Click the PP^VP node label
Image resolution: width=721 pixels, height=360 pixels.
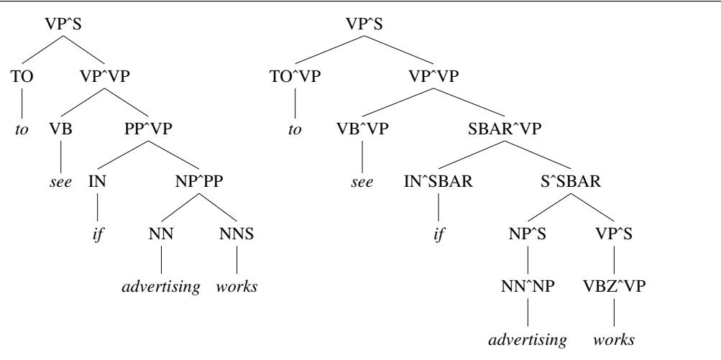pos(148,129)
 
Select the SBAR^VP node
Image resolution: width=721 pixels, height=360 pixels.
pos(505,129)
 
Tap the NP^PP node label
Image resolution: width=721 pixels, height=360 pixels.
pos(198,182)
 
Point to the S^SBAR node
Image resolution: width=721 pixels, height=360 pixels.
pos(571,182)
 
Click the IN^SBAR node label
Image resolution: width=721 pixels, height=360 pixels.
pos(438,182)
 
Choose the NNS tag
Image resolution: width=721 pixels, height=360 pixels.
pos(236,234)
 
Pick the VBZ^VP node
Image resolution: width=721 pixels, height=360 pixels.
pos(615,287)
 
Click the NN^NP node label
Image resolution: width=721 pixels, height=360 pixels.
pos(528,287)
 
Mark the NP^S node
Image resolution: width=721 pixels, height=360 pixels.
pos(528,234)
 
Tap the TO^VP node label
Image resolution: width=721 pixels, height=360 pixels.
pos(294,76)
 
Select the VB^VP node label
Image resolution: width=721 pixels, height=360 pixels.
pos(362,129)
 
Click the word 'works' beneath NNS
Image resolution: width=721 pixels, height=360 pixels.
pos(236,287)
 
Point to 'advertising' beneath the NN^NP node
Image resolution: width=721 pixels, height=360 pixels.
pos(528,340)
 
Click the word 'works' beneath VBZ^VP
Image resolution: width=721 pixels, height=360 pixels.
pos(615,340)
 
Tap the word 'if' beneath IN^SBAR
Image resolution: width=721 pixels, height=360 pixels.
pos(438,234)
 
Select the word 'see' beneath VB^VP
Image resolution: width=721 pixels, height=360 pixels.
pos(362,182)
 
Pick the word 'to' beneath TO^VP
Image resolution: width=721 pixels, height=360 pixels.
pos(295,129)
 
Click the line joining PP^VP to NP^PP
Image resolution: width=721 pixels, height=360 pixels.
pos(174,155)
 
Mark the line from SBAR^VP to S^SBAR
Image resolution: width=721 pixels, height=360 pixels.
pos(538,155)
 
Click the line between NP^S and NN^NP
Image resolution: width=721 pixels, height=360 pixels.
pos(528,260)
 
